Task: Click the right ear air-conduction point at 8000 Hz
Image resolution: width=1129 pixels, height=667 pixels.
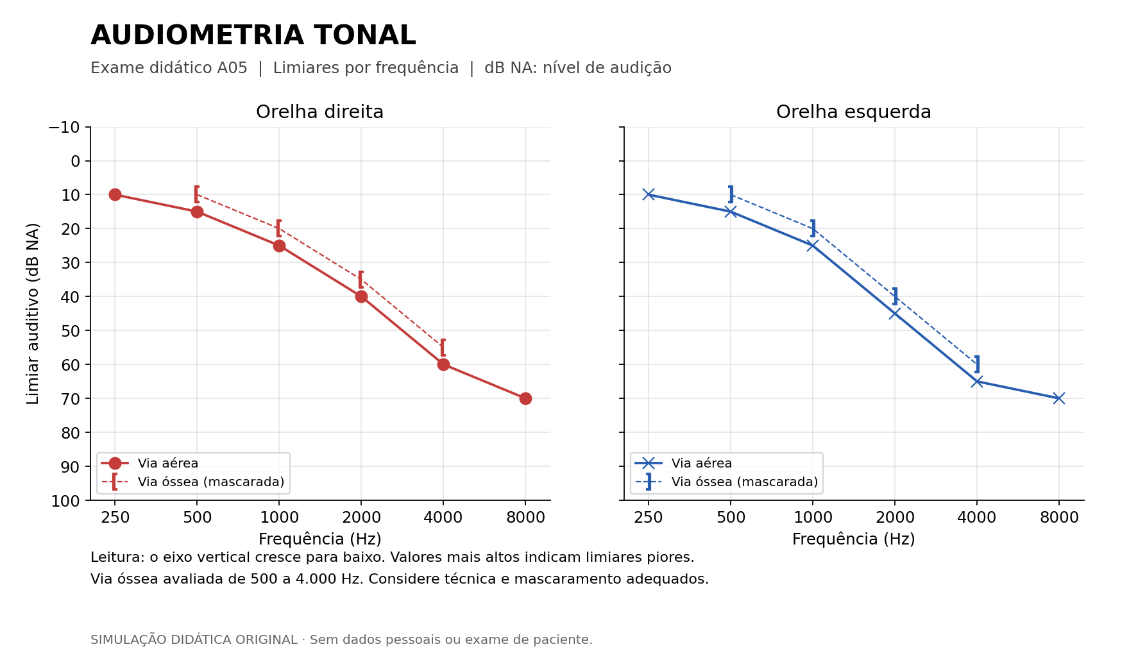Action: click(525, 398)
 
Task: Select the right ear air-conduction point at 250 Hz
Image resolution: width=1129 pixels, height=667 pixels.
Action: click(115, 194)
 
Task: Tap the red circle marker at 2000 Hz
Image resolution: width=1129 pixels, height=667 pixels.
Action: click(361, 296)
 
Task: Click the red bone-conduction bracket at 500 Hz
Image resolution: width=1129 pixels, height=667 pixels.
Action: click(196, 194)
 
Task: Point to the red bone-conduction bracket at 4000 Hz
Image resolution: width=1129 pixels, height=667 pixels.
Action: click(443, 348)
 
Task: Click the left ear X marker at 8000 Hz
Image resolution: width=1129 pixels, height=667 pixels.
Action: click(1059, 398)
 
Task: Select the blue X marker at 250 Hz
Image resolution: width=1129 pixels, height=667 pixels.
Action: click(649, 194)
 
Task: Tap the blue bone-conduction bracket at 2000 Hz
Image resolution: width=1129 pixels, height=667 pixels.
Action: click(896, 296)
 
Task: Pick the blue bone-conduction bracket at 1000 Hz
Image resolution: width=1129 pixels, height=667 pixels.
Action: click(813, 228)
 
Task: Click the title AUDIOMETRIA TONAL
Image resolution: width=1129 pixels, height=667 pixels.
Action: click(253, 35)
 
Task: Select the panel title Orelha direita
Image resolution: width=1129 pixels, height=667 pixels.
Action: click(320, 112)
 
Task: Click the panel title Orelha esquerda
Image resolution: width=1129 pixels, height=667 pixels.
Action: click(854, 112)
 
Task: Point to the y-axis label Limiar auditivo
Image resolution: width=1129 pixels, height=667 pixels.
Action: click(33, 314)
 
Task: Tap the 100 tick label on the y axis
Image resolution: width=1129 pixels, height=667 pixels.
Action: click(66, 501)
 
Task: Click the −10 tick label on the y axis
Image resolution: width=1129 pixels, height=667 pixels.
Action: click(65, 127)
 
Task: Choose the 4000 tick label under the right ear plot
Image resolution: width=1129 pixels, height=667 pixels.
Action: click(443, 518)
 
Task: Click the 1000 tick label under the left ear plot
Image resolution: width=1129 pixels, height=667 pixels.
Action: click(813, 518)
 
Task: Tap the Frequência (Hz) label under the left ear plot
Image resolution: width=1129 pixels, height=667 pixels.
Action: click(854, 539)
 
